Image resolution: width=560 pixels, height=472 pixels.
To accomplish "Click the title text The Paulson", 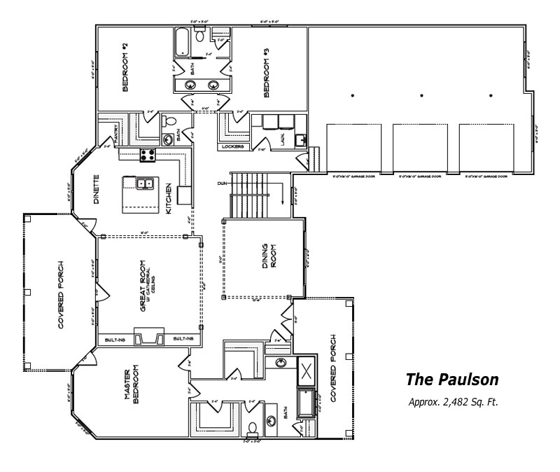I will [x=452, y=380].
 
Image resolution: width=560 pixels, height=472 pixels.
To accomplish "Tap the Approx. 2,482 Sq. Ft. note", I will [x=452, y=403].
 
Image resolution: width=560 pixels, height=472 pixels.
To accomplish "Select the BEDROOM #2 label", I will [x=125, y=67].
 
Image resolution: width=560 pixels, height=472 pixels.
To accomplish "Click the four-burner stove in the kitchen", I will [x=148, y=154].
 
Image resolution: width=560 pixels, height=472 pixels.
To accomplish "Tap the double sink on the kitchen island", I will [x=145, y=183].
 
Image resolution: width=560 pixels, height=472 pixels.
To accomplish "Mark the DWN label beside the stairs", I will [x=223, y=183].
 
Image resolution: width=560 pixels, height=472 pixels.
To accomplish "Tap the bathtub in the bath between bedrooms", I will [x=181, y=42].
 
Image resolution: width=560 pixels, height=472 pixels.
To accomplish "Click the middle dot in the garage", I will [x=421, y=95].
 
